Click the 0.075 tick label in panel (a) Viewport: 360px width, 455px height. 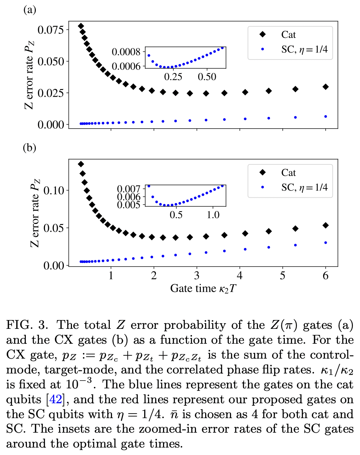pos(51,30)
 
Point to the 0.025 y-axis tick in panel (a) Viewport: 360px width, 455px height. pos(51,93)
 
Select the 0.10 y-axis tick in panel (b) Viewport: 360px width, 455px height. pos(54,190)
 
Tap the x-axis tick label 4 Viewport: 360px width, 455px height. pos(240,276)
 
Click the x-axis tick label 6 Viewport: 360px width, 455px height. pos(325,276)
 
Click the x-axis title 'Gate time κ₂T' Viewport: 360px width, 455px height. pos(203,288)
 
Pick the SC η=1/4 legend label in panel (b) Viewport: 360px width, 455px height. pos(304,187)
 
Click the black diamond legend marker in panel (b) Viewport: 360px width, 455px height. pos(263,173)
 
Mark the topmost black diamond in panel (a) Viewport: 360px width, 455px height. pos(81,26)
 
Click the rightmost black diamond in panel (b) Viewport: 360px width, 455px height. pos(326,225)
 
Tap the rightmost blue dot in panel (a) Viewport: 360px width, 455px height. pos(326,117)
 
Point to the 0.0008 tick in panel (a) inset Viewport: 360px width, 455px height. pos(126,52)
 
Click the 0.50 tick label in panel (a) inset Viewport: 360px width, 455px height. pos(207,77)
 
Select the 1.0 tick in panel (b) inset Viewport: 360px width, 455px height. pos(213,215)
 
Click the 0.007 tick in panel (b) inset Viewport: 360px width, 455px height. pos(129,189)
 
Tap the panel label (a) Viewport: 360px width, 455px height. pos(29,10)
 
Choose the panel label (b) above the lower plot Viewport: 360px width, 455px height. pos(29,147)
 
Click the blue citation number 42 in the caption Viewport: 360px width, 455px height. pos(55,399)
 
